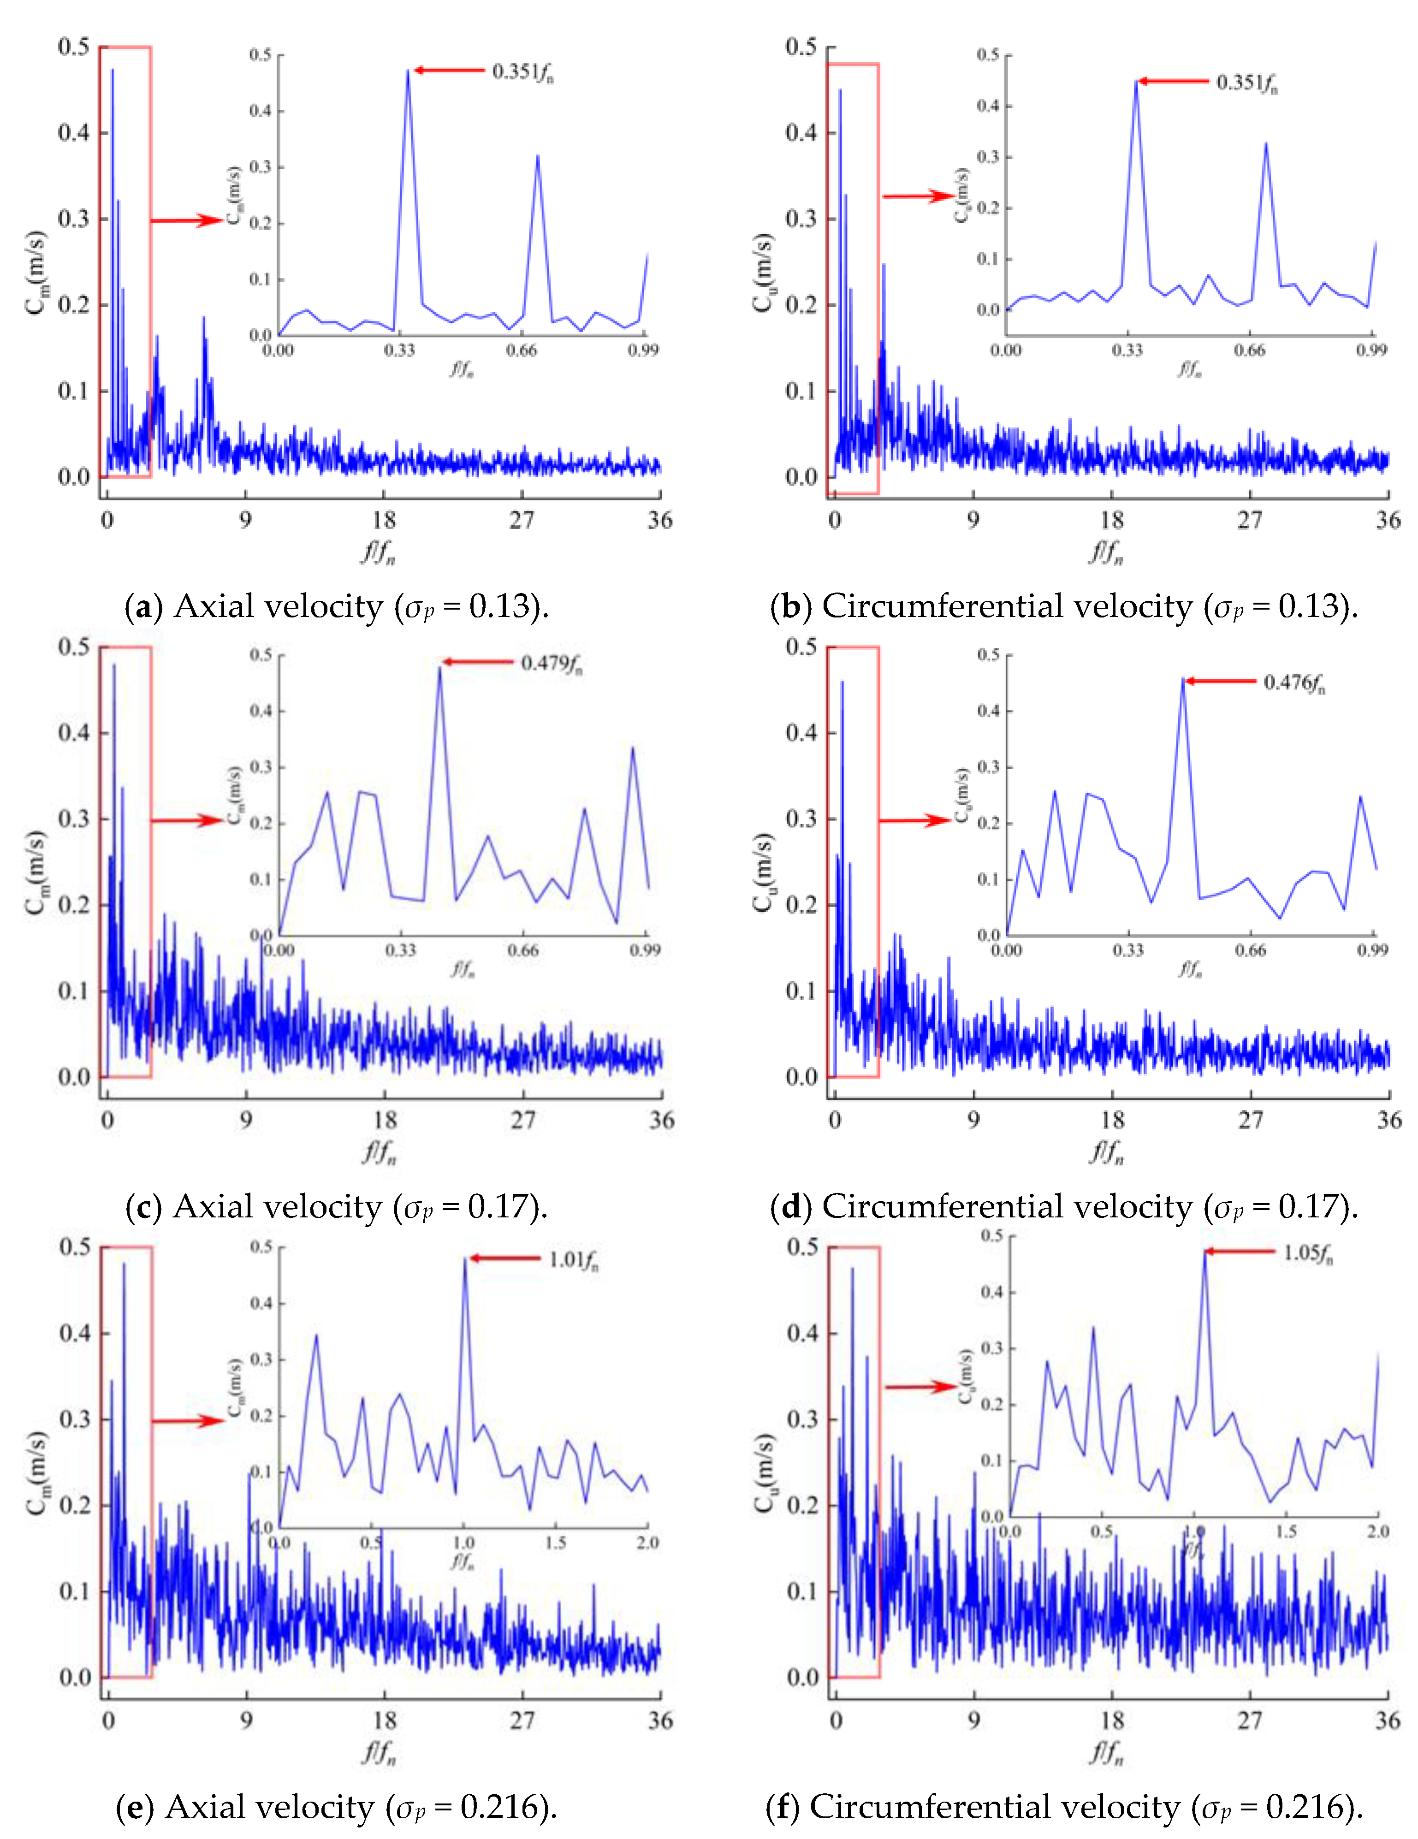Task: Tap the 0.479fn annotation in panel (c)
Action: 552,664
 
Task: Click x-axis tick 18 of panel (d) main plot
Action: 1112,1120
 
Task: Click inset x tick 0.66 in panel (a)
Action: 521,350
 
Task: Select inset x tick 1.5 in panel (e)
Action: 555,1542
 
